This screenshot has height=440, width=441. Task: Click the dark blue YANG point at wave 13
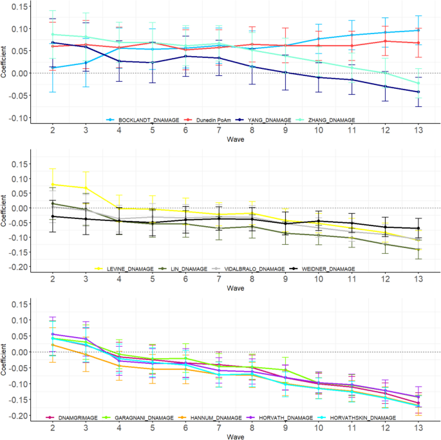(418, 92)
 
